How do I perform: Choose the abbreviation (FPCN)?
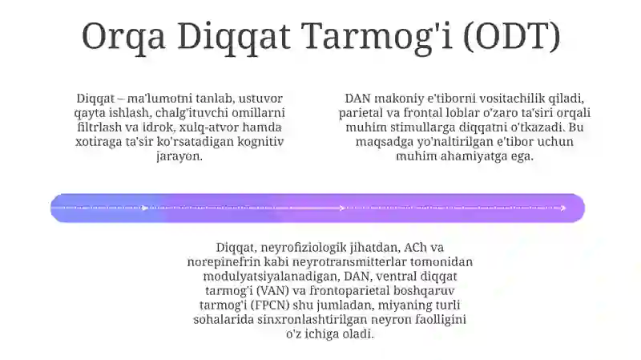(280, 305)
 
